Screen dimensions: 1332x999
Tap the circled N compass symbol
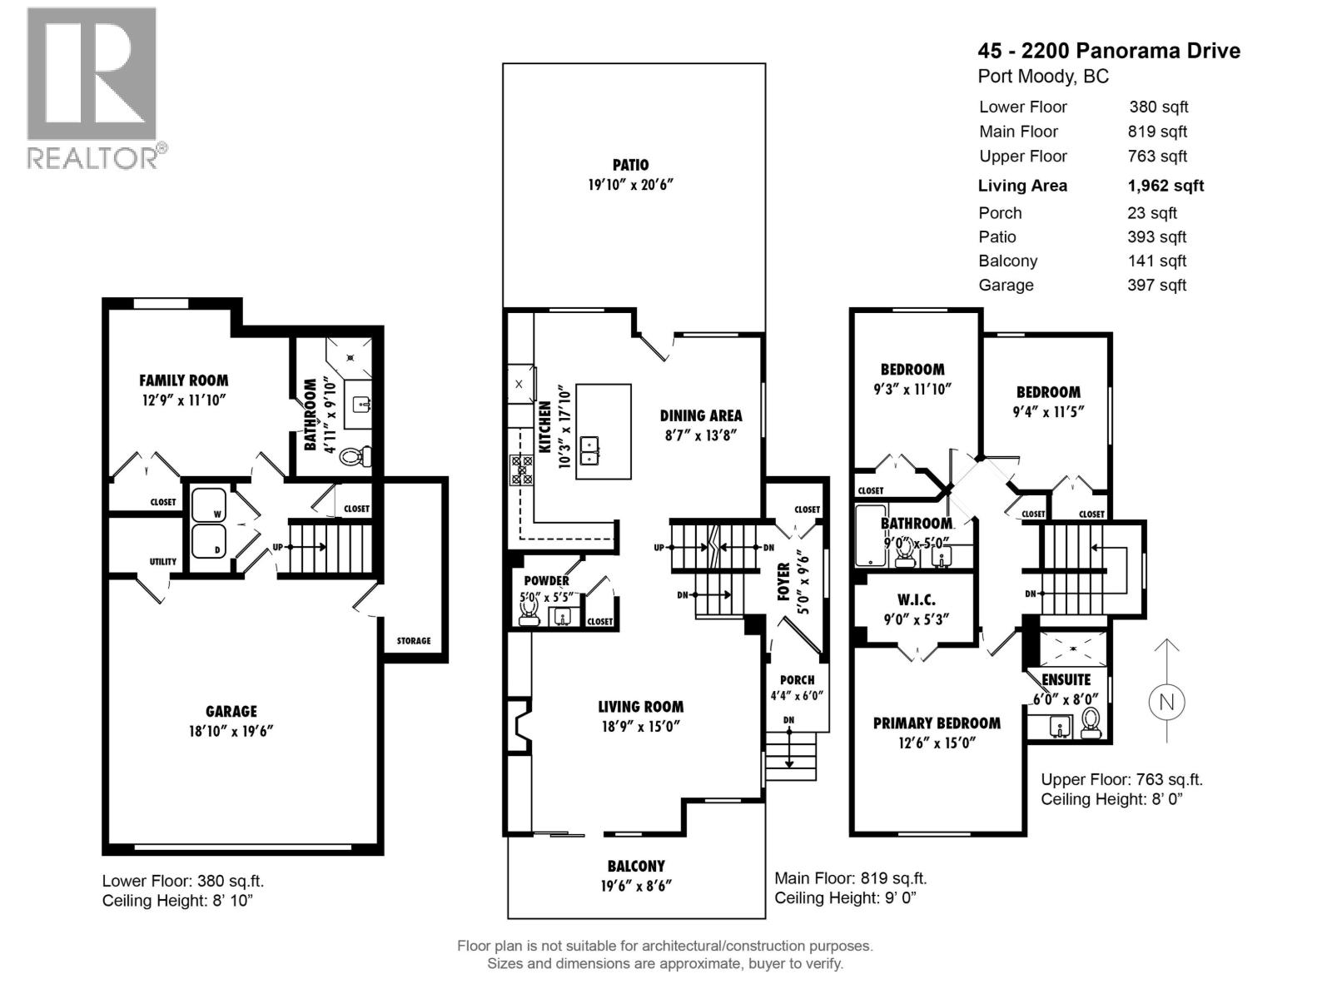click(1165, 702)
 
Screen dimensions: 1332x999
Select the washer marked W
click(209, 504)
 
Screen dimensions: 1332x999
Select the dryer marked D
click(209, 541)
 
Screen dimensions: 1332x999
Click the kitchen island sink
click(589, 450)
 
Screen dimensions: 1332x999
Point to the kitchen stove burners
click(521, 470)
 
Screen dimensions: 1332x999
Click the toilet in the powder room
click(529, 609)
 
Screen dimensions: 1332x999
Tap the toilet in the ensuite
click(1091, 723)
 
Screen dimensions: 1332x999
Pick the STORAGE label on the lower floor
click(413, 640)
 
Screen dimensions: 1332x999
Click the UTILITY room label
click(162, 562)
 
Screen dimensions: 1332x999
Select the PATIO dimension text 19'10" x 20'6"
click(630, 184)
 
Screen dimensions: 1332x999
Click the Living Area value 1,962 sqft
click(1165, 186)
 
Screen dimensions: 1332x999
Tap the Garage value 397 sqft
click(1156, 285)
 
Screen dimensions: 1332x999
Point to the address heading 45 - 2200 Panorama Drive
click(1109, 50)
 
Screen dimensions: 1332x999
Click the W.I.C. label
click(917, 600)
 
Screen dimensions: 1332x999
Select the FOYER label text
click(783, 582)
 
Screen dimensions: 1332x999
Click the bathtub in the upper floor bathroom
click(870, 535)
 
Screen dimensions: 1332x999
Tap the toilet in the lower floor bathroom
click(356, 455)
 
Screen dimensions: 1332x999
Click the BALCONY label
click(636, 866)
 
